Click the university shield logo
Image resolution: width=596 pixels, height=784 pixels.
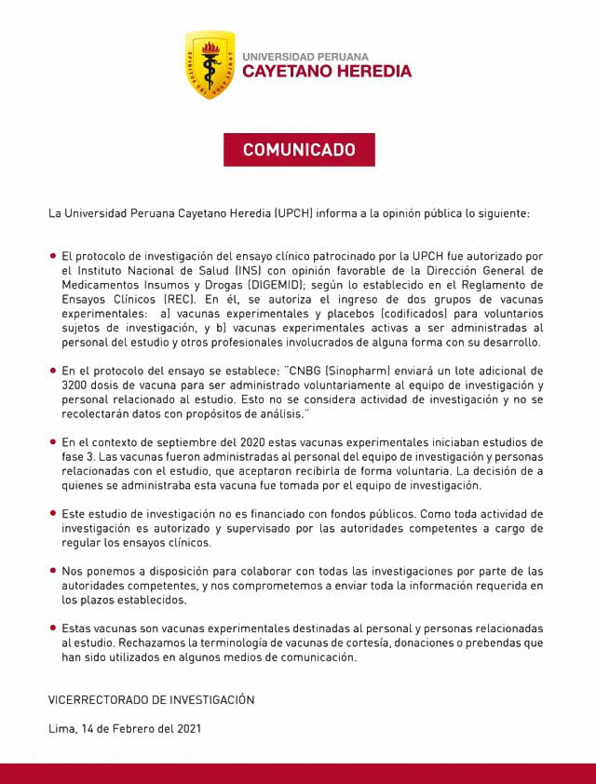click(x=209, y=65)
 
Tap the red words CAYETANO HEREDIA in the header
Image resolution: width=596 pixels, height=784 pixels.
click(x=326, y=72)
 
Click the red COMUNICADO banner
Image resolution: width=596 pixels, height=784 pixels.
click(x=299, y=150)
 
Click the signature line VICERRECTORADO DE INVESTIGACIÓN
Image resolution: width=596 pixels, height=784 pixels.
click(x=151, y=699)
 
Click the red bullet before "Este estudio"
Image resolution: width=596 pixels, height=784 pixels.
click(x=53, y=514)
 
